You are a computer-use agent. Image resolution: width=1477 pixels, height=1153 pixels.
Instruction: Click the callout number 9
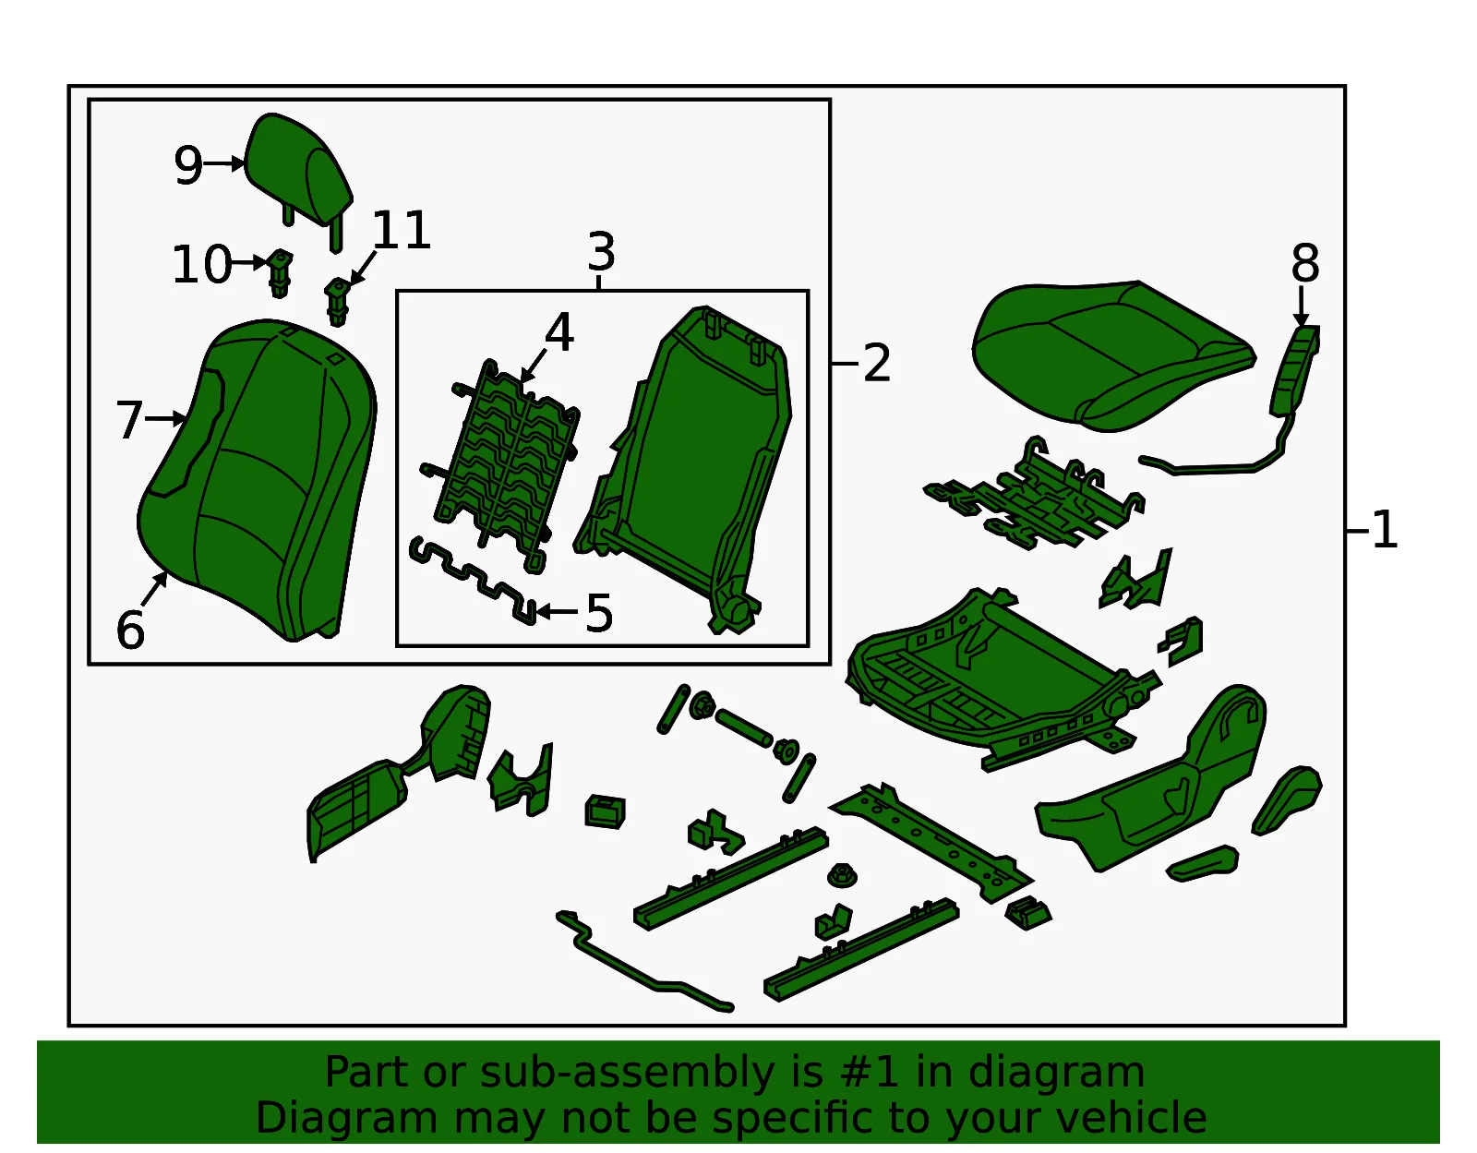(188, 165)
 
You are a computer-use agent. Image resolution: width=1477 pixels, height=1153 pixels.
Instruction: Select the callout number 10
(201, 264)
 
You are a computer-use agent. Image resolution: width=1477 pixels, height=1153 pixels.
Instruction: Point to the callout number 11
(401, 230)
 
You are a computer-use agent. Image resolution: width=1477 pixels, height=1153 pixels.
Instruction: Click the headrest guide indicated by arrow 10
(280, 273)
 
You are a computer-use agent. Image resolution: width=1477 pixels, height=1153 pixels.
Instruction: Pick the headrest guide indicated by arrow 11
(337, 301)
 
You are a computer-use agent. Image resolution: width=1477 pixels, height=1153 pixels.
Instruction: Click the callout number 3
(602, 251)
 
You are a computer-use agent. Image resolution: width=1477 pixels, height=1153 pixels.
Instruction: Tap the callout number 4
(559, 332)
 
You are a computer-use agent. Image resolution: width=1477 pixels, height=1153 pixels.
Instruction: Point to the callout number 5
(599, 613)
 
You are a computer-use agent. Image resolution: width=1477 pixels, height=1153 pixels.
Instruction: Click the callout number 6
(130, 630)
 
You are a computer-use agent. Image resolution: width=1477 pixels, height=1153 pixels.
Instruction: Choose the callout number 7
(129, 419)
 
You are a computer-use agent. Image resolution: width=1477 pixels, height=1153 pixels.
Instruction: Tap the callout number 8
(1305, 263)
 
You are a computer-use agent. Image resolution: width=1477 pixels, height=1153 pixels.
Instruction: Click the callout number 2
(877, 363)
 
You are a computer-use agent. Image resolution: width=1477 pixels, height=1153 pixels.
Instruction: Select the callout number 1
(1384, 530)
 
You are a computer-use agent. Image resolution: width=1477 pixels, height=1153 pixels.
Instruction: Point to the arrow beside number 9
(223, 163)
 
